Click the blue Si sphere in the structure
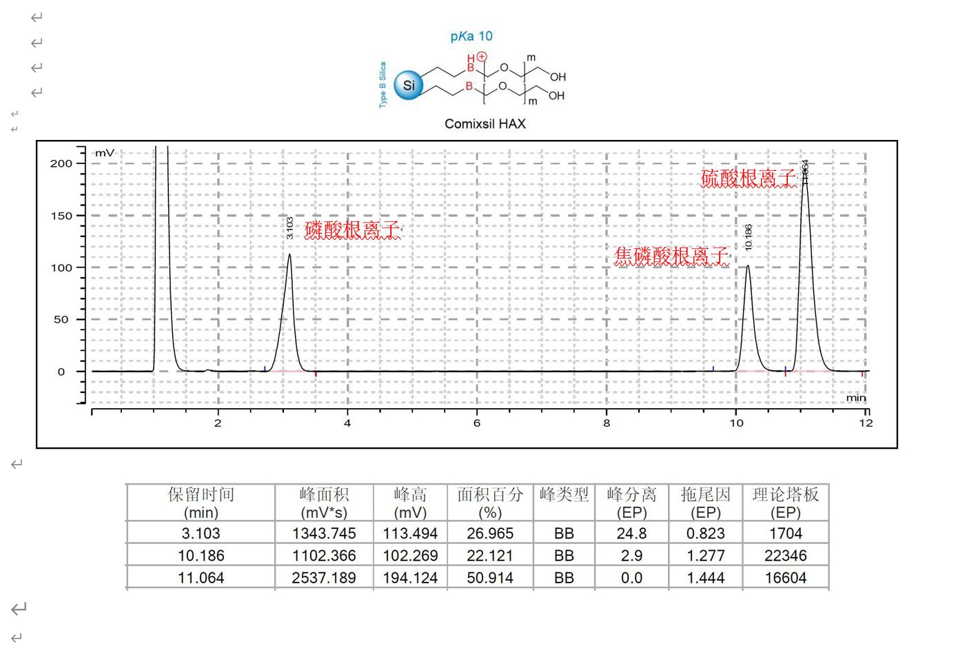(409, 85)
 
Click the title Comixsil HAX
(485, 124)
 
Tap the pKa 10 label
(471, 37)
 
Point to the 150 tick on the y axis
(61, 216)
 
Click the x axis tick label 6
(476, 423)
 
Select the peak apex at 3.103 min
(289, 254)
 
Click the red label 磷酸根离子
(353, 230)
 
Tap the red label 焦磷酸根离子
(671, 256)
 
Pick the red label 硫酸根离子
(749, 179)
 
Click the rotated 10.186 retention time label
(749, 237)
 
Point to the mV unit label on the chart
(105, 153)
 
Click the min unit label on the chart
(856, 398)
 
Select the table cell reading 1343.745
(324, 534)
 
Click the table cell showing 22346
(785, 556)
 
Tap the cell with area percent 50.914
(490, 578)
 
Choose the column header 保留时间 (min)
(201, 503)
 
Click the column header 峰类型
(564, 495)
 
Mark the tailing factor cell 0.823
(705, 534)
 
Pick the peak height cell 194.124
(410, 578)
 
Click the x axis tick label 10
(736, 423)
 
